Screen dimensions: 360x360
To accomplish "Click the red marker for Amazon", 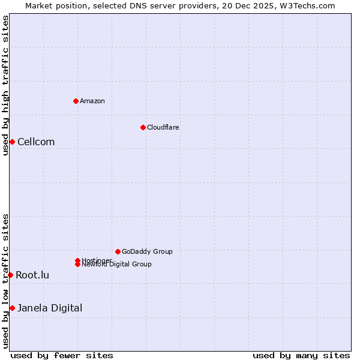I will click(x=76, y=101).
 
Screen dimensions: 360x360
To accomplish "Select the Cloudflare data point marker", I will click(x=143, y=127).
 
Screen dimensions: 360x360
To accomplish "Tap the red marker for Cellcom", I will click(x=12, y=142).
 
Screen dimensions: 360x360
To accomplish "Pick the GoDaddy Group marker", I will click(x=118, y=251).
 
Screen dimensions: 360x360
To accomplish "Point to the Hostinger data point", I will click(x=78, y=260).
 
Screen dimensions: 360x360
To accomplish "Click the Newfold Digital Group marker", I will click(x=78, y=265).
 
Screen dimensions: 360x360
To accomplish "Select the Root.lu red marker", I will click(x=10, y=275).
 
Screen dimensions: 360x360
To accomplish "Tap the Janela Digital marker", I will click(x=12, y=308).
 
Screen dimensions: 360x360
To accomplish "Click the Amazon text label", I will click(x=92, y=101).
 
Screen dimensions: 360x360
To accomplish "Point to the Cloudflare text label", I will click(x=163, y=127).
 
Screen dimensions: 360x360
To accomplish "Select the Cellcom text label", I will click(x=36, y=142).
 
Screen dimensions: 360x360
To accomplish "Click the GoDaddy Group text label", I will click(x=147, y=251).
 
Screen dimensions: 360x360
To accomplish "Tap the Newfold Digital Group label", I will click(x=117, y=265).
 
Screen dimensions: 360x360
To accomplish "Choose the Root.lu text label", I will click(x=32, y=275).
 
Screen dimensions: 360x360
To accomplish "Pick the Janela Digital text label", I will click(x=50, y=308).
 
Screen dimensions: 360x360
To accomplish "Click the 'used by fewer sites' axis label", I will click(x=62, y=355).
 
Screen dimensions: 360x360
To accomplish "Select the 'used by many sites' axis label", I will click(x=301, y=355).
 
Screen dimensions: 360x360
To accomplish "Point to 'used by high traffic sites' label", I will click(x=6, y=85).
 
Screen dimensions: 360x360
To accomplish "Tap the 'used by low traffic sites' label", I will click(x=6, y=281).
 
